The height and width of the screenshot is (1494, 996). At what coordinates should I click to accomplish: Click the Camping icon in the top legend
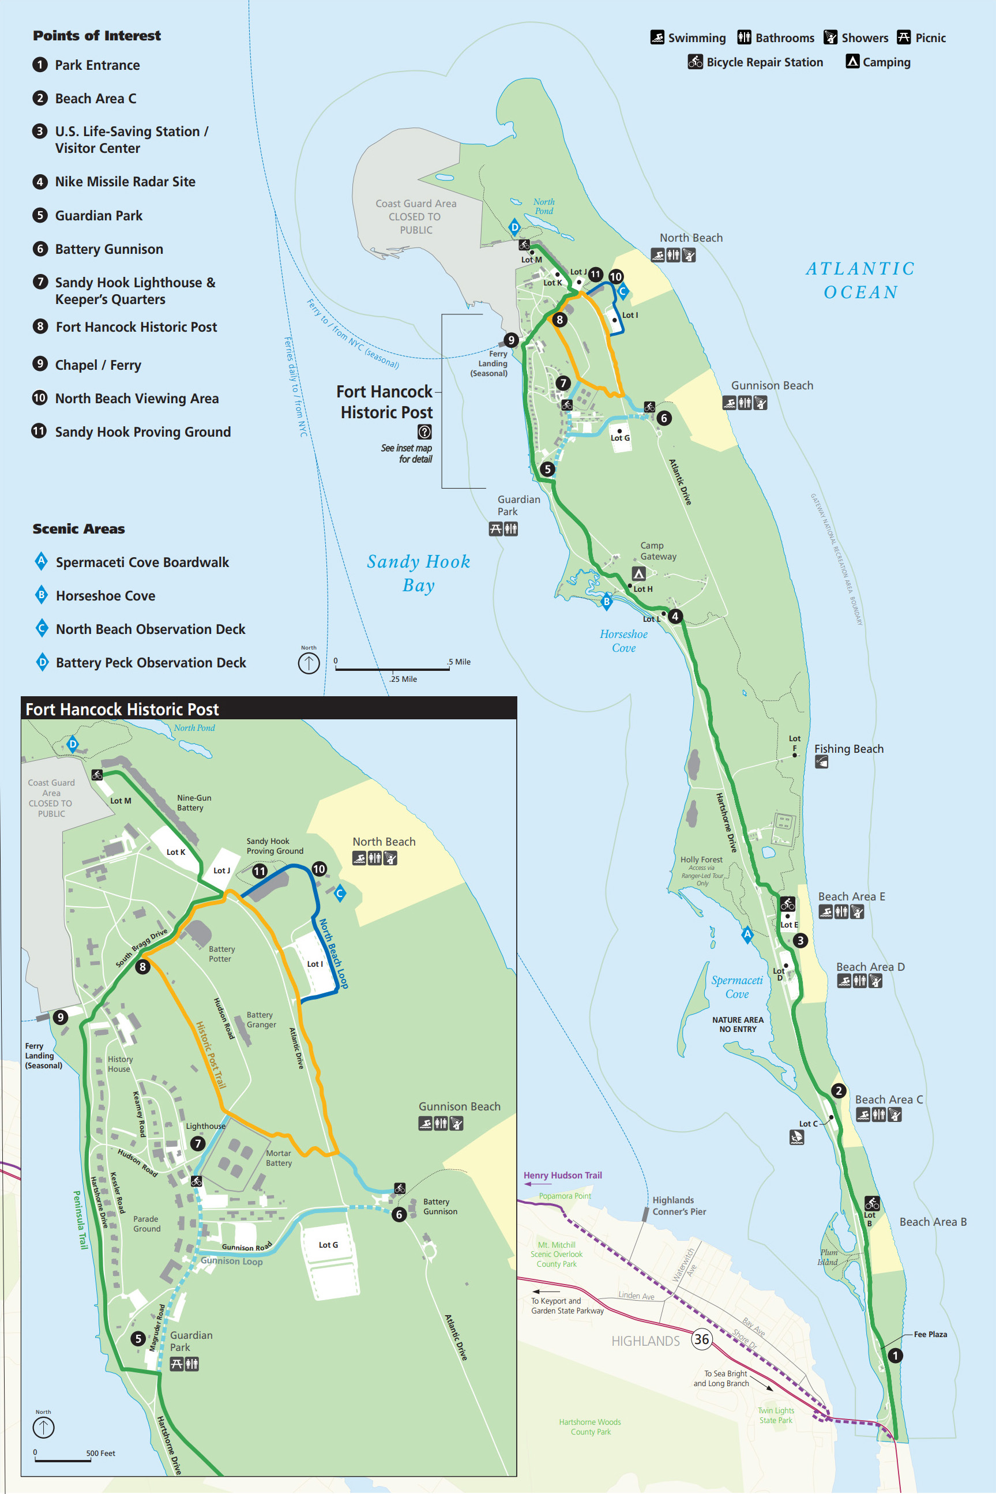coord(852,62)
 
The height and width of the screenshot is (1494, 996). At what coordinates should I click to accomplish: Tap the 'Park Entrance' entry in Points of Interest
coord(97,65)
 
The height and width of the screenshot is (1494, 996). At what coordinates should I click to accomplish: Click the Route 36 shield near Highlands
coord(701,1338)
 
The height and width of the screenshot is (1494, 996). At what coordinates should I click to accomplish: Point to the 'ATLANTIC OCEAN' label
coord(860,280)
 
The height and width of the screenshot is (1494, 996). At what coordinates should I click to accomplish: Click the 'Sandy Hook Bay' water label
coord(419,573)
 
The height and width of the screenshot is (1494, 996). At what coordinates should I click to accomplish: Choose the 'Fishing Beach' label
coord(848,749)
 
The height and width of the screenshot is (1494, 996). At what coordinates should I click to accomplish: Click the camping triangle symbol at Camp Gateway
coord(639,573)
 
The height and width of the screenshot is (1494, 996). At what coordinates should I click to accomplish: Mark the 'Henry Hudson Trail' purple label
coord(562,1175)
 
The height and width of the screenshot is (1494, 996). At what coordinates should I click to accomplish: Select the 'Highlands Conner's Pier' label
coord(679,1206)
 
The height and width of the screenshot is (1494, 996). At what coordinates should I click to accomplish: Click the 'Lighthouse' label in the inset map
coord(205,1125)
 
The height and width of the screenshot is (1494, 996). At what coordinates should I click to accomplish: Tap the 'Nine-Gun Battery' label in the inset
coord(194,802)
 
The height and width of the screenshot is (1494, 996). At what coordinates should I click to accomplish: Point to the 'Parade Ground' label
coord(146,1223)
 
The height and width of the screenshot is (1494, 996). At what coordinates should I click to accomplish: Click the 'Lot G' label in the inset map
coord(328,1244)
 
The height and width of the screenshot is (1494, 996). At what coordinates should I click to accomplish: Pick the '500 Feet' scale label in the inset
coord(101,1452)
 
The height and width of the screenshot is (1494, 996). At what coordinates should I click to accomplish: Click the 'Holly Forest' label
coord(701,859)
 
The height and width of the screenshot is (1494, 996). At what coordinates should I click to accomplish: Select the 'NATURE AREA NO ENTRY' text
coord(738,1024)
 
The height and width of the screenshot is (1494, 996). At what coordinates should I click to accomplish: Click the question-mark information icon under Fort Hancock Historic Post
coord(424,432)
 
